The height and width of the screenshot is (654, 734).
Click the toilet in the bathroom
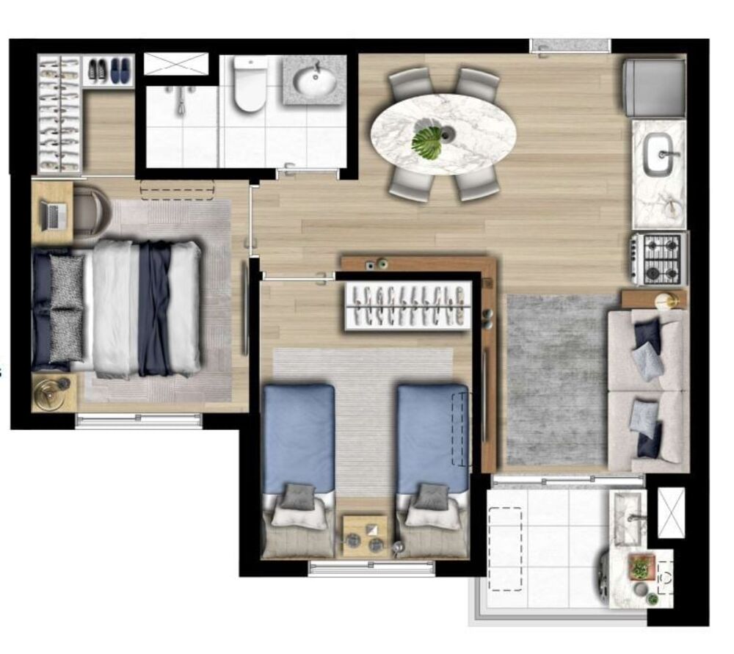point(249,85)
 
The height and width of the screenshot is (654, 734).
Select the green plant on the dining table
point(427,142)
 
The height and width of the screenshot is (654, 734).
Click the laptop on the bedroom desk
point(54,214)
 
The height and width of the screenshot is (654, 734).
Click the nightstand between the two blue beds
point(366,534)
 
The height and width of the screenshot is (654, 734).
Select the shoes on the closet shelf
point(109,70)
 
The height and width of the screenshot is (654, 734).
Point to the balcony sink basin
point(628,518)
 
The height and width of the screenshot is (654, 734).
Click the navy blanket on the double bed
point(155,308)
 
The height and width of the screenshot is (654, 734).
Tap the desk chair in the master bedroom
point(89,209)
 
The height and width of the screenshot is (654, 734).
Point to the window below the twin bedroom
point(371,567)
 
